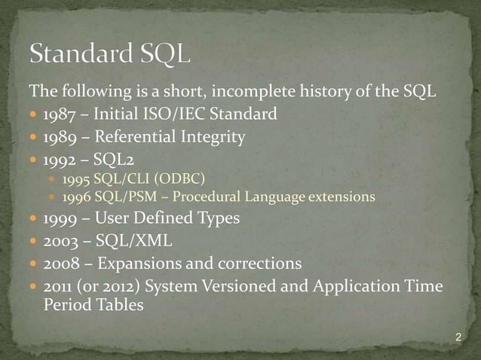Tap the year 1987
[x=59, y=115]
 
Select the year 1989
[x=59, y=137]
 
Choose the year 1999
[x=59, y=219]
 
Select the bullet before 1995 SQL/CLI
[x=52, y=179]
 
